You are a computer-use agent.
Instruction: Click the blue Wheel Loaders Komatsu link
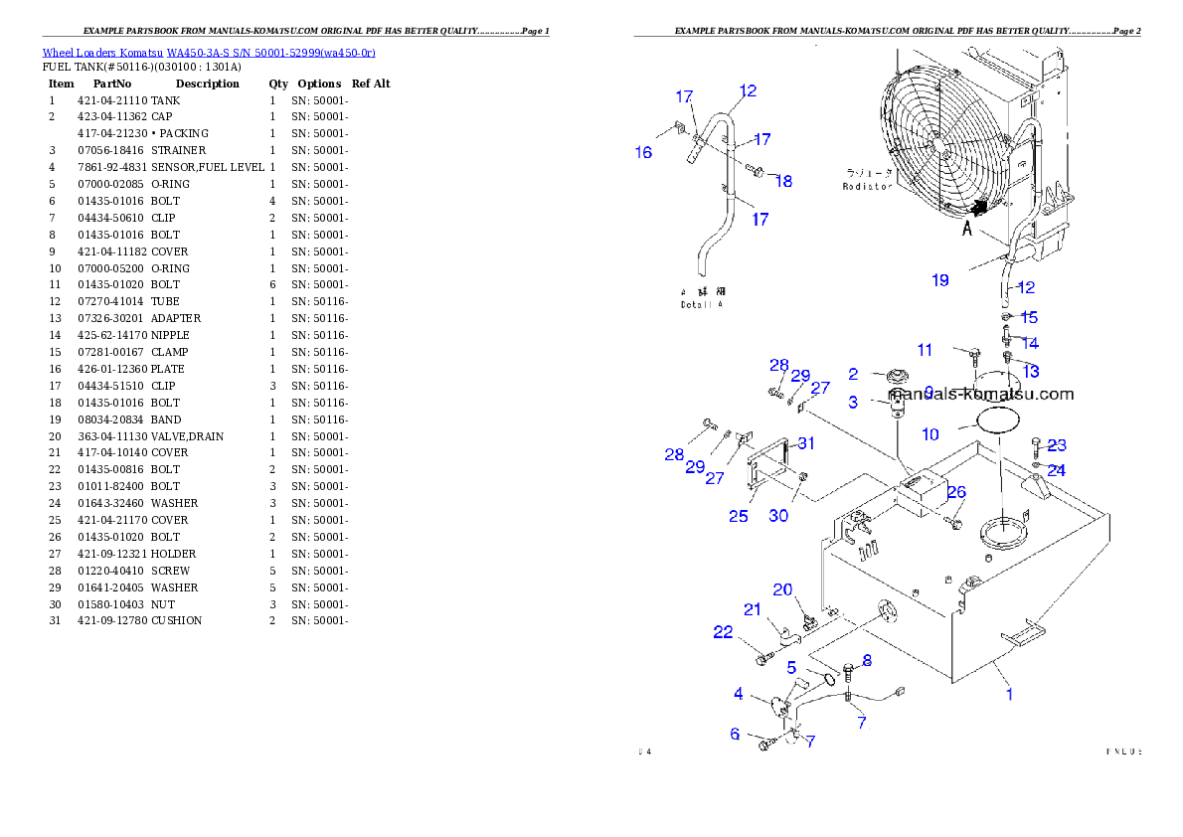pos(209,52)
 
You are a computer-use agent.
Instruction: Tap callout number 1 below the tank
pos(1010,694)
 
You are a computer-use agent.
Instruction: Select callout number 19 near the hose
pos(939,280)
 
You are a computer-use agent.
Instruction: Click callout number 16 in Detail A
pos(644,152)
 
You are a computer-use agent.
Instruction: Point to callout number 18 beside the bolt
pos(783,181)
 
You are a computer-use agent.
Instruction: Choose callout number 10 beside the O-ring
pos(930,433)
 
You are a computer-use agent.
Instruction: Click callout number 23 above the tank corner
pos(1057,445)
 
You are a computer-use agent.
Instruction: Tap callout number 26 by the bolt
pos(956,492)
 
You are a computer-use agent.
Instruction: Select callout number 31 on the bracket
pos(805,443)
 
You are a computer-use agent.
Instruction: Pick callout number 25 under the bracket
pos(738,516)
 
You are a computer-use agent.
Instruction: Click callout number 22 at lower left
pos(723,632)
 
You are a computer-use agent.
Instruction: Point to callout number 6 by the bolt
pos(735,734)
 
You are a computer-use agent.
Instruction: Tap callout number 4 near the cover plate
pos(739,694)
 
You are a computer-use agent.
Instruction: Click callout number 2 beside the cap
pos(853,374)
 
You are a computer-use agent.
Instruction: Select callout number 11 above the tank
pos(925,350)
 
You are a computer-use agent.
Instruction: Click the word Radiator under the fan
pos(867,187)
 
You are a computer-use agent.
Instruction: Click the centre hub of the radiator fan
pos(940,142)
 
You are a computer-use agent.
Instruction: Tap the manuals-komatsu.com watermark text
pos(980,394)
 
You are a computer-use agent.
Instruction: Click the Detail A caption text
pos(702,304)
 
